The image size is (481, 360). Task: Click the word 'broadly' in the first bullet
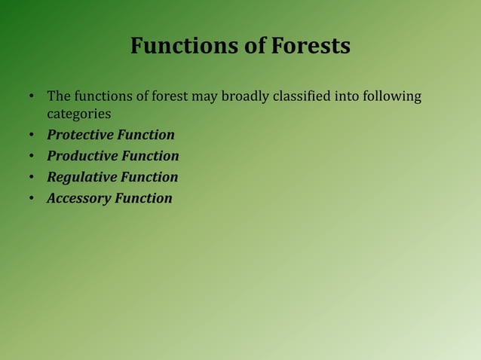click(x=243, y=97)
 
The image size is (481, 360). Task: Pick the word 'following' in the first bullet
click(x=393, y=97)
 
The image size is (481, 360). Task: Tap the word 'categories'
click(x=79, y=114)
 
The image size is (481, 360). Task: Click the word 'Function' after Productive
click(x=151, y=157)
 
